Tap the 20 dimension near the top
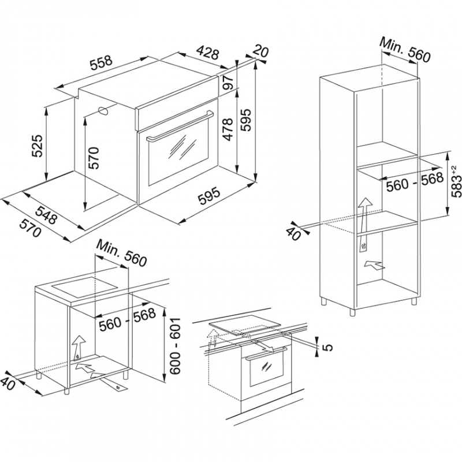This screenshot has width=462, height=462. [x=261, y=52]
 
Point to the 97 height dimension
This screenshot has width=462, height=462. [x=226, y=83]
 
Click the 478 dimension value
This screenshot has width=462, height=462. [x=228, y=130]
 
